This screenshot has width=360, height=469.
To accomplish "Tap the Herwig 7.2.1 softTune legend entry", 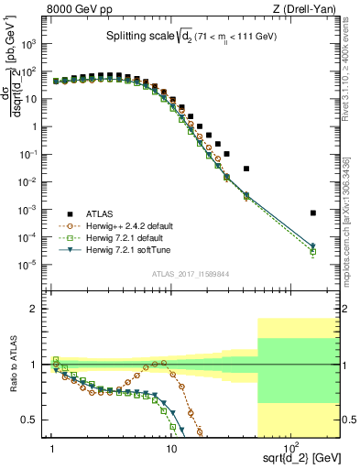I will click(x=125, y=249).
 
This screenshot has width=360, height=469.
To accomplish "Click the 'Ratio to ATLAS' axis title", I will click(x=14, y=365).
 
